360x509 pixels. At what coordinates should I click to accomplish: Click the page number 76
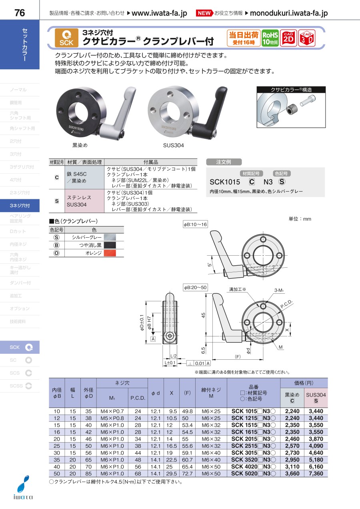click(20, 13)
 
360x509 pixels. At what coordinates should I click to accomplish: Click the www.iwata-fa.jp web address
click(159, 13)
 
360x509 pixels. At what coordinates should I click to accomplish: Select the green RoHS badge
click(270, 38)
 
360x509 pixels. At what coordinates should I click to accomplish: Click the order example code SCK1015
click(224, 182)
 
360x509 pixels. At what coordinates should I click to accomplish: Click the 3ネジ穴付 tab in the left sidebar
click(20, 206)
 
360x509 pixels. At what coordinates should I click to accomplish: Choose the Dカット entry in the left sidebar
click(18, 231)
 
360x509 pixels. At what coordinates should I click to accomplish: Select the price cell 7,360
click(316, 473)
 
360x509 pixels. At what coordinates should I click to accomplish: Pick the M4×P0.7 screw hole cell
click(112, 411)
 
